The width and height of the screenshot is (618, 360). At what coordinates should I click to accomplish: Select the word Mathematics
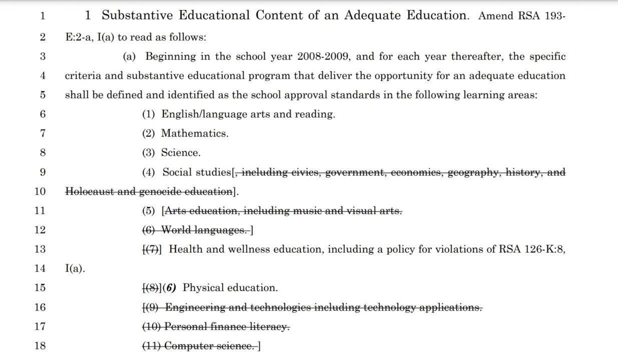[x=194, y=133]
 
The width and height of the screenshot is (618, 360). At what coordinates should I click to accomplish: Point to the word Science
[x=180, y=152]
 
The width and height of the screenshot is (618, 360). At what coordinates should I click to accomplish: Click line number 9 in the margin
[x=43, y=172]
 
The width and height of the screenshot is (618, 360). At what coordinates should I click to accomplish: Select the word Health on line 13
[x=184, y=249]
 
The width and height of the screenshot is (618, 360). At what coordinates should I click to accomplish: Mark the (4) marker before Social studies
[x=149, y=172]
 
